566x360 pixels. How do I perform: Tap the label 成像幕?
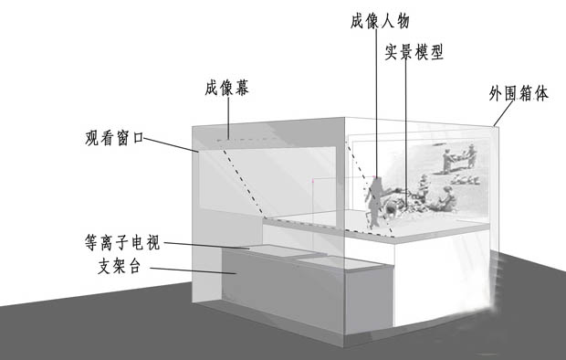click(227, 90)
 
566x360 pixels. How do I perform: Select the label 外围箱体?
click(518, 93)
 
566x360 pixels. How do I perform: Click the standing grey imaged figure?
click(374, 201)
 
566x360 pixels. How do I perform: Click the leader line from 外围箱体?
click(499, 115)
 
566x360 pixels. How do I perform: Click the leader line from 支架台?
click(187, 269)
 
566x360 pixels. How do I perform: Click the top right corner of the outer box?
click(494, 126)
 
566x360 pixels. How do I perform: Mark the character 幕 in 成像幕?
click(244, 90)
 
